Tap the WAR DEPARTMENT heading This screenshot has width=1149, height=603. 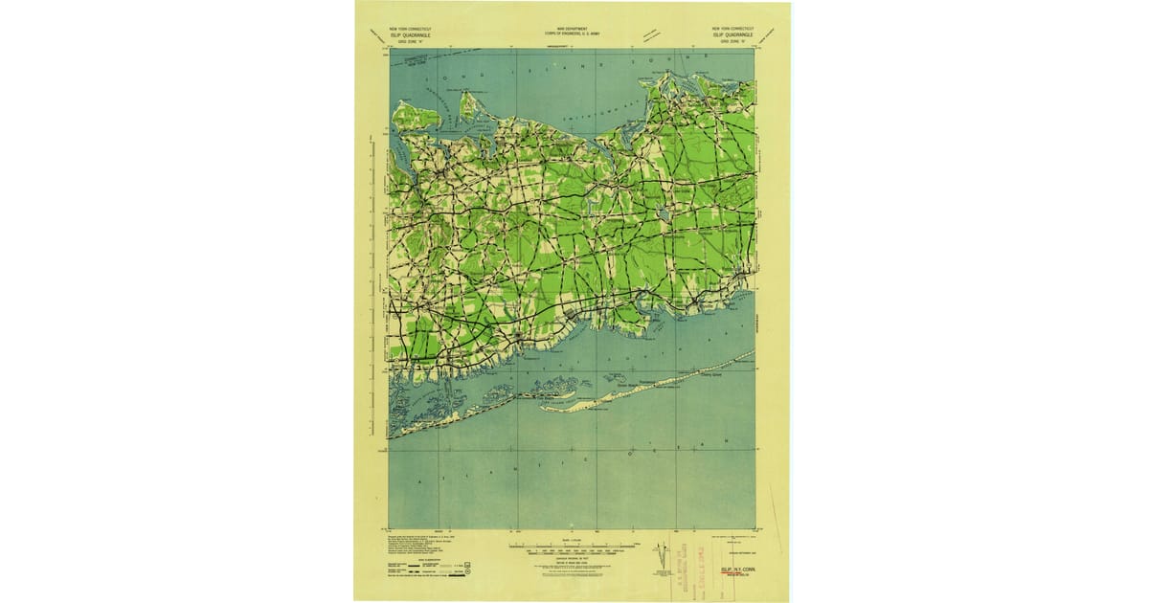[x=572, y=30]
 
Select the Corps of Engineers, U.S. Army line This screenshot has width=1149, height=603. [x=572, y=35]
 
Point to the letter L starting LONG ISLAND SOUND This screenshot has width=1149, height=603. [x=443, y=76]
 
